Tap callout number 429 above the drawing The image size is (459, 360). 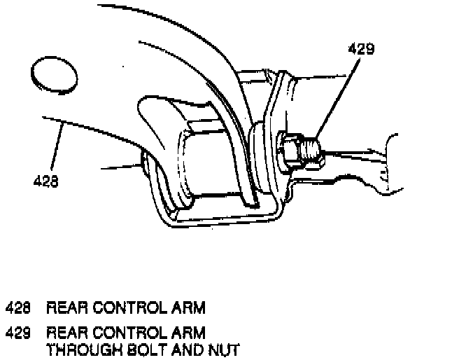click(x=362, y=49)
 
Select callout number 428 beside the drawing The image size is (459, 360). click(x=46, y=181)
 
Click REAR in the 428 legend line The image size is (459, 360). click(x=65, y=307)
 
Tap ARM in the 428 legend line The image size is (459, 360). click(x=188, y=307)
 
